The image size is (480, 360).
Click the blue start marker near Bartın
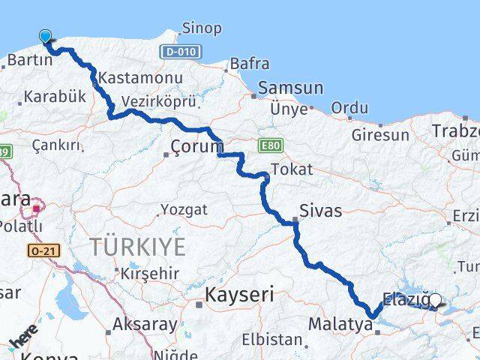click(x=46, y=36)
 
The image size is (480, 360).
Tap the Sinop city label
click(x=200, y=28)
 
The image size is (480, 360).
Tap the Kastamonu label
click(x=140, y=78)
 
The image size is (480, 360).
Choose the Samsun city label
click(x=291, y=88)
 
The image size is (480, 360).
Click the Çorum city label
click(x=196, y=145)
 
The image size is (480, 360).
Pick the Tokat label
click(x=292, y=169)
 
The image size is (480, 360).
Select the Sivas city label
click(x=320, y=211)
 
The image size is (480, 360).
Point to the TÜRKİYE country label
click(x=137, y=245)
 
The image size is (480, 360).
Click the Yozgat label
click(x=184, y=209)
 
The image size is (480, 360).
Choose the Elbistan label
click(x=274, y=340)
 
